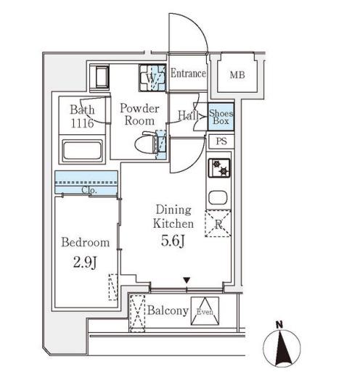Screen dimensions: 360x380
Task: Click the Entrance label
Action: [188, 73]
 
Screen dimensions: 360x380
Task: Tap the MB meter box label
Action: [237, 75]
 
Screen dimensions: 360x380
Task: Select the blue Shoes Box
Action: [221, 117]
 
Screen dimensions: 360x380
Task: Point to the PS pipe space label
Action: [221, 141]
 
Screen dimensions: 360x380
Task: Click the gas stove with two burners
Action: [219, 168]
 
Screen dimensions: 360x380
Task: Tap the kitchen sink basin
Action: [218, 197]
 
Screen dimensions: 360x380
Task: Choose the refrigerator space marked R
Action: [218, 223]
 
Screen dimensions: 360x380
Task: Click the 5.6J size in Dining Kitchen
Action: [173, 241]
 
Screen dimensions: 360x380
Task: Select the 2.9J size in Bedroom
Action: [85, 262]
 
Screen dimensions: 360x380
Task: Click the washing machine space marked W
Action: [152, 78]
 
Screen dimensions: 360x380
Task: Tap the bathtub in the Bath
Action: [82, 150]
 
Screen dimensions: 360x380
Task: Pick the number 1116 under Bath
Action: [82, 123]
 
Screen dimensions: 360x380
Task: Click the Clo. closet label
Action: [89, 190]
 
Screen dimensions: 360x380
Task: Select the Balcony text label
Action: [168, 310]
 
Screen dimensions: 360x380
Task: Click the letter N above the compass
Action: [279, 325]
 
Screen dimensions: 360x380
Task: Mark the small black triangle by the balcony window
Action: [187, 281]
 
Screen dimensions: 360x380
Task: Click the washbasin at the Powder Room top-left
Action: [102, 77]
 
